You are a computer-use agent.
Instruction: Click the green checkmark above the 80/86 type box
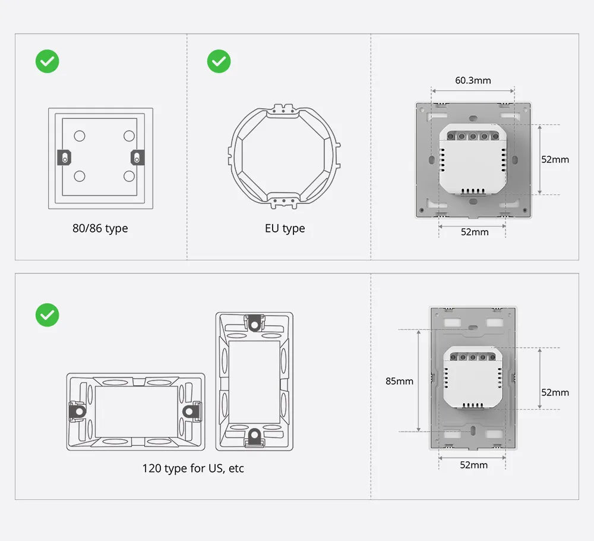(48, 61)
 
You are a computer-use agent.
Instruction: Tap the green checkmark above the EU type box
(219, 61)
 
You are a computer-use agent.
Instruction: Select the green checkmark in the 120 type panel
(48, 315)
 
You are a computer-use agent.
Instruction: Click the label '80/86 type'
(100, 228)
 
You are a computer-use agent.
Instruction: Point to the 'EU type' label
(285, 228)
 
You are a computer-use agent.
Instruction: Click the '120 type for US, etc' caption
(193, 468)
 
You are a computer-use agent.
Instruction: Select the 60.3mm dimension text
(473, 80)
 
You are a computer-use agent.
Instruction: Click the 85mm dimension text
(399, 381)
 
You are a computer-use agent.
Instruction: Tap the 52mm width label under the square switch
(475, 232)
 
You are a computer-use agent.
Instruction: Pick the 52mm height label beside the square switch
(555, 159)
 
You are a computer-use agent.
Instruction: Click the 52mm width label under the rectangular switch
(473, 465)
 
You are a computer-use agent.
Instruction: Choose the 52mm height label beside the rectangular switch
(555, 392)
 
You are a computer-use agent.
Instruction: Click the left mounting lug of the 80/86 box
(64, 158)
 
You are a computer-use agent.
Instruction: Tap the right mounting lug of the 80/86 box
(137, 158)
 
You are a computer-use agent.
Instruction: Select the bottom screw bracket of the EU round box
(285, 200)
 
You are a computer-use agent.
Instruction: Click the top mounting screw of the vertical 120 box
(255, 323)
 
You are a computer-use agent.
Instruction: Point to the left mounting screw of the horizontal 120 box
(77, 411)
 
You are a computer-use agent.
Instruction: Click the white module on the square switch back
(472, 161)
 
